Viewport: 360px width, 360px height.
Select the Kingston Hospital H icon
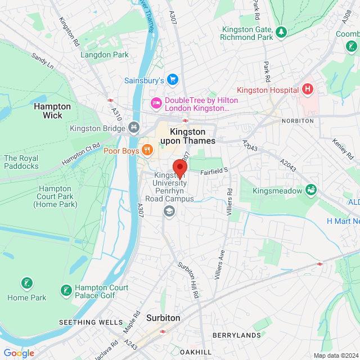pyautogui.click(x=307, y=89)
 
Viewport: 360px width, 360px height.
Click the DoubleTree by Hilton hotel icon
pyautogui.click(x=155, y=103)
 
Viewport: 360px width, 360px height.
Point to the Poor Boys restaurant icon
pyautogui.click(x=146, y=150)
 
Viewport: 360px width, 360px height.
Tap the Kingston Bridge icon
pyautogui.click(x=133, y=128)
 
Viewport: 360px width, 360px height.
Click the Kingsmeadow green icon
pyautogui.click(x=310, y=190)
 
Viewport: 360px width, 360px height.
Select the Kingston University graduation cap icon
pyautogui.click(x=168, y=211)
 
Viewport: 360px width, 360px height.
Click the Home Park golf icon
pyautogui.click(x=26, y=283)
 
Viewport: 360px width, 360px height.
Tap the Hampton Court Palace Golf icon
pyautogui.click(x=66, y=290)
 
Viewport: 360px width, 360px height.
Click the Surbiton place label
pyautogui.click(x=163, y=318)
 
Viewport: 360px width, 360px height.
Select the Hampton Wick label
pyautogui.click(x=52, y=111)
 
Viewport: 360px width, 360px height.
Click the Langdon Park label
pyautogui.click(x=104, y=55)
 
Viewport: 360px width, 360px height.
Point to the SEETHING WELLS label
pyautogui.click(x=91, y=322)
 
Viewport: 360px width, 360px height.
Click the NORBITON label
pyautogui.click(x=298, y=121)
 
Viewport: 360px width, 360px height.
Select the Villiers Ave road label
pyautogui.click(x=219, y=264)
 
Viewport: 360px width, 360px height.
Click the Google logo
pyautogui.click(x=19, y=353)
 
